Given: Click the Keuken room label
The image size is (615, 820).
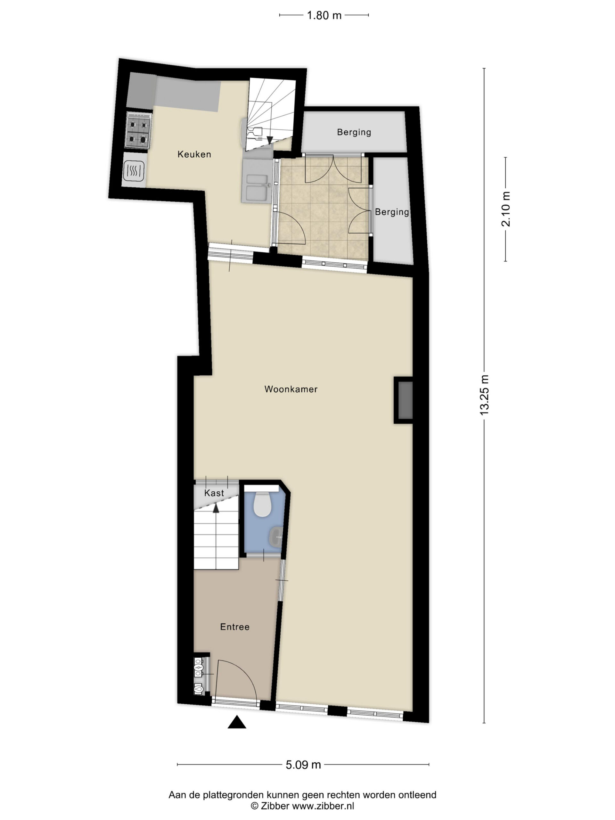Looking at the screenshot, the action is (194, 154).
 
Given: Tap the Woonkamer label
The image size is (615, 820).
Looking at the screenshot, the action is (291, 389).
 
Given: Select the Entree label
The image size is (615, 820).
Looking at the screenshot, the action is (235, 627).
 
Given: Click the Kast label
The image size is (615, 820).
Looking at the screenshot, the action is (214, 493).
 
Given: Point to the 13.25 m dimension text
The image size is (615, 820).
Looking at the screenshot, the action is (485, 395).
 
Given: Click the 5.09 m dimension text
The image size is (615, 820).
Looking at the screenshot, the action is (303, 764).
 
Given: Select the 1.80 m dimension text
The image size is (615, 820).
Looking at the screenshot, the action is (324, 15).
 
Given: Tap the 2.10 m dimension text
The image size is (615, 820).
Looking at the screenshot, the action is (506, 209).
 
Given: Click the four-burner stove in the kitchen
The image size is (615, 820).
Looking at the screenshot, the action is (139, 130).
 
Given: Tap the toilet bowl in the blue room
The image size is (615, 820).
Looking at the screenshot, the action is (263, 504).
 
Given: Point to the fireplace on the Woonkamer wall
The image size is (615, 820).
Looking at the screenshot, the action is (404, 400).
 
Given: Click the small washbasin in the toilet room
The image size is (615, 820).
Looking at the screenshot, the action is (276, 537).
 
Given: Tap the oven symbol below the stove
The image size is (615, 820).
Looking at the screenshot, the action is (134, 170).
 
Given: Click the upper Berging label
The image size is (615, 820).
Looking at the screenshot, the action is (354, 132).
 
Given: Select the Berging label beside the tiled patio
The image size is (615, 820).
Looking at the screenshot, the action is (392, 212).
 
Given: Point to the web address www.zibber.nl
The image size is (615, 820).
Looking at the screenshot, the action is (323, 806).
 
